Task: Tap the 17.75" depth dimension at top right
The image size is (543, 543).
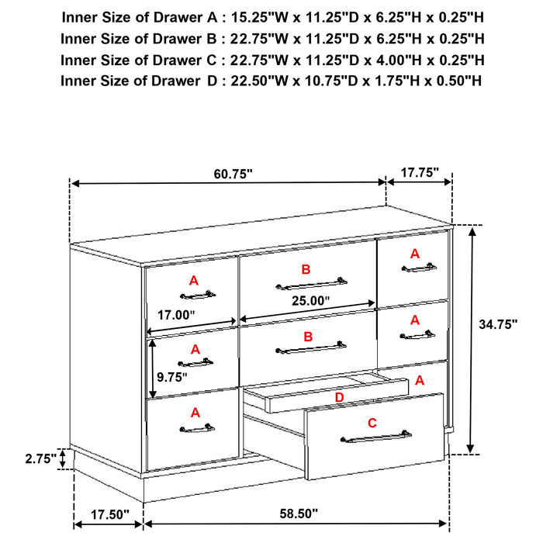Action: click(420, 171)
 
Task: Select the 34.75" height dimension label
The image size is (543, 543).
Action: click(497, 326)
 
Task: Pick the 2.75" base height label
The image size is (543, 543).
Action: click(39, 458)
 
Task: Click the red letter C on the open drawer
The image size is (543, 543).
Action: click(372, 423)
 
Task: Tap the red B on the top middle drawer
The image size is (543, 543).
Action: click(306, 269)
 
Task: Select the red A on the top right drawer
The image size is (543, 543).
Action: click(414, 253)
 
